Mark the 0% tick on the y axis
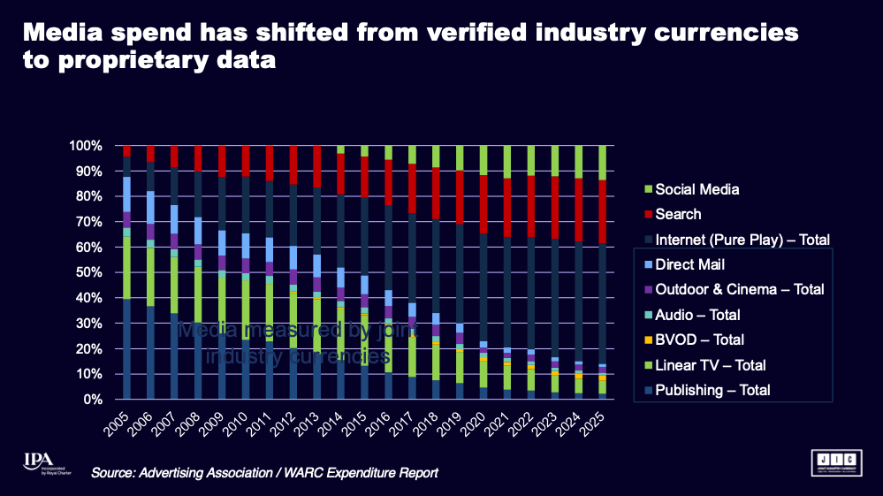click(97, 400)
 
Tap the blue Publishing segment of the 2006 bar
click(151, 353)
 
